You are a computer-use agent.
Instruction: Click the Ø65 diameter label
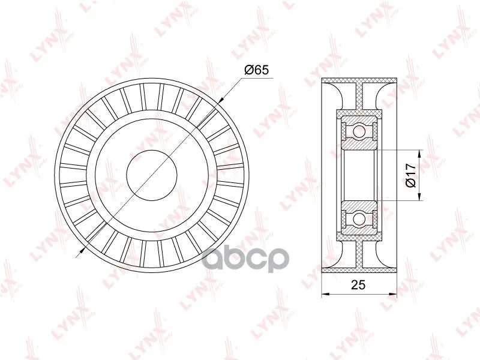pos(256,70)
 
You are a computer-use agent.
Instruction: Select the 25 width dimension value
pos(358,284)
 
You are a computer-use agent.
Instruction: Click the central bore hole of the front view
pos(152,175)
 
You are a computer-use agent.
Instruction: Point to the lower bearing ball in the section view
pos(359,218)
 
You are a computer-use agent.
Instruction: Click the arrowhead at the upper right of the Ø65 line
pos(221,98)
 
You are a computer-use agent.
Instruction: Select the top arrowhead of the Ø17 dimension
pos(419,155)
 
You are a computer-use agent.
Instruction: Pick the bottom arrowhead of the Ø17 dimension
pos(419,196)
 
